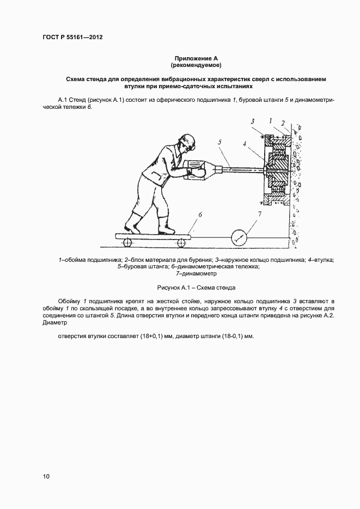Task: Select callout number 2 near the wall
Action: point(284,122)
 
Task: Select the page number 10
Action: point(46,476)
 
